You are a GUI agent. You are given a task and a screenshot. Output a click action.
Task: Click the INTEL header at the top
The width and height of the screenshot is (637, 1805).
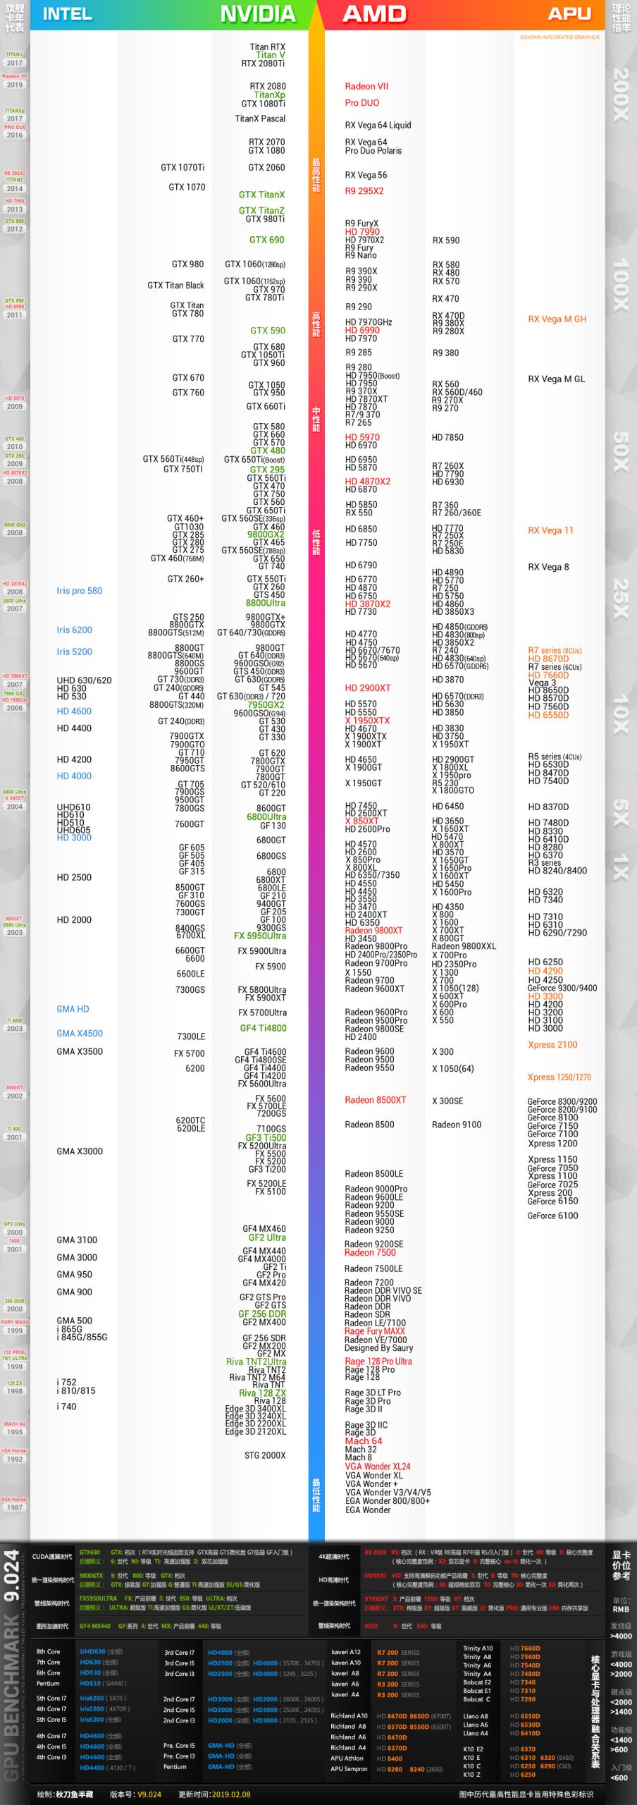coord(67,14)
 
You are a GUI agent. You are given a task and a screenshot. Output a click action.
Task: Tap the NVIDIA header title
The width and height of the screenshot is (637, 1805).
coord(257,14)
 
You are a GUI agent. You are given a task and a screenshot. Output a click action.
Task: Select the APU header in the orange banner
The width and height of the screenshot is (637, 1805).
coord(570,14)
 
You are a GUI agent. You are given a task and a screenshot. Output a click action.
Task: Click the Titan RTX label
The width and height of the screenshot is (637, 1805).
coord(267,47)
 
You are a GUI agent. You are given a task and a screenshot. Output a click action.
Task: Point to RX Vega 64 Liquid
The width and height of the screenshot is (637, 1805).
coord(378,126)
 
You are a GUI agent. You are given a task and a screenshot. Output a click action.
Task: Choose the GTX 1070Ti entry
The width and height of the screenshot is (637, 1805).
coord(183,168)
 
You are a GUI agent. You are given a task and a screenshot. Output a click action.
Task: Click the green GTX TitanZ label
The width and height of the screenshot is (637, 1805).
coord(261,211)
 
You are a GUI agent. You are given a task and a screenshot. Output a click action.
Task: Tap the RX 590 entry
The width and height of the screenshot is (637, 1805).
coord(445,240)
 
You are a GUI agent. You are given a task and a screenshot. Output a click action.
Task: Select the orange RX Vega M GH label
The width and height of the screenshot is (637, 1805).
coord(557,319)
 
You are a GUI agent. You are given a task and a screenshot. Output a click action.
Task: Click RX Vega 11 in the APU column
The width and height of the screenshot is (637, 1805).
coord(550,530)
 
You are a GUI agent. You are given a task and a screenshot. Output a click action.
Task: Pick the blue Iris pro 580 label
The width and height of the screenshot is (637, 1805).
coord(79,591)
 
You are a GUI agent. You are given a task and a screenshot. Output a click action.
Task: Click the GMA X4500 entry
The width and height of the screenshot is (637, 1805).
coord(80,1034)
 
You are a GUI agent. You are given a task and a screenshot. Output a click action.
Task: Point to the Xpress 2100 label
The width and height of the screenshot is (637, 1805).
coord(552,1045)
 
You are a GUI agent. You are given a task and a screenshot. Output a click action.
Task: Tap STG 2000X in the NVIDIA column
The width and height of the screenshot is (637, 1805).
coord(265,1455)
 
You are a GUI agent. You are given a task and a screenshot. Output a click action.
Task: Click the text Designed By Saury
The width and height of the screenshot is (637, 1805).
coord(378,1348)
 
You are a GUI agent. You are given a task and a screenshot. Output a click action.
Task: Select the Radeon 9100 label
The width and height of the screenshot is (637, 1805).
coord(457,1125)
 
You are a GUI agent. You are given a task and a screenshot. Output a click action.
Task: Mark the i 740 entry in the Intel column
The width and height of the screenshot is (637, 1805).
coord(66,1407)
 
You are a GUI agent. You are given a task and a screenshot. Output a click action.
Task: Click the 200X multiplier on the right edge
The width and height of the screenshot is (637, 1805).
coord(621,94)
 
